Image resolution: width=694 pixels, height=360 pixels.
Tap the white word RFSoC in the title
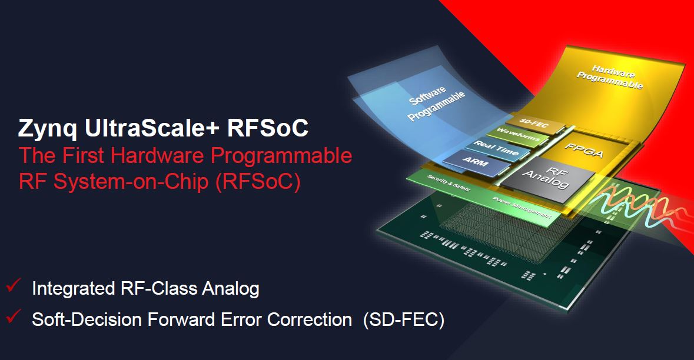pos(267,128)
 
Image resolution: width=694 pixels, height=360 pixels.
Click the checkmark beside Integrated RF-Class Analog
pos(14,285)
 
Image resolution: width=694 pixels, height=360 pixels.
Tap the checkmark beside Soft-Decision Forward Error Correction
pos(14,316)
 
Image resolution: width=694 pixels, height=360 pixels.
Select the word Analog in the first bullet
pos(231,289)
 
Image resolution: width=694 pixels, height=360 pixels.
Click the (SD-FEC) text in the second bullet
pos(403,319)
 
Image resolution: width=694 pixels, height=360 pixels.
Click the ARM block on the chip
pos(476,163)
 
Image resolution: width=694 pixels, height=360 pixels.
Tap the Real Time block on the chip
pos(497,149)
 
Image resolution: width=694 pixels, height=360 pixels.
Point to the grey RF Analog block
pos(548,178)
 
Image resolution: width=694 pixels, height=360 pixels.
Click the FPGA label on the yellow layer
pos(585,151)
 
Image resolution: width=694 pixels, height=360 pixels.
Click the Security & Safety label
pos(449,183)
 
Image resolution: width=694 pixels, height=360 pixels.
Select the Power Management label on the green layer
pos(522,207)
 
